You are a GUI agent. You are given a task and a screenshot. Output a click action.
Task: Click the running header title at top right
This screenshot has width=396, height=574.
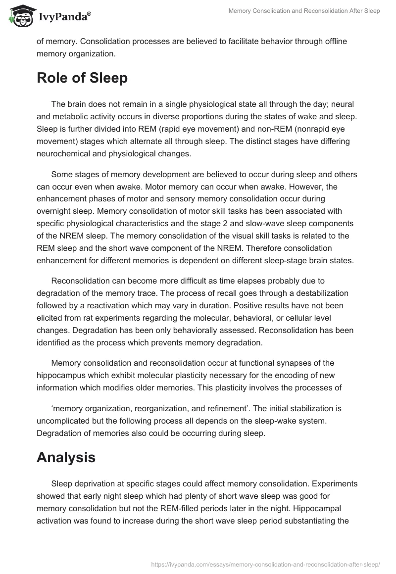point(304,11)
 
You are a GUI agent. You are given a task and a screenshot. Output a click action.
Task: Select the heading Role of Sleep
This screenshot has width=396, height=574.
point(82,78)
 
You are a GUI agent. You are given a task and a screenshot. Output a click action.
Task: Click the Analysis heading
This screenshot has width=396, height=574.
point(66,458)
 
